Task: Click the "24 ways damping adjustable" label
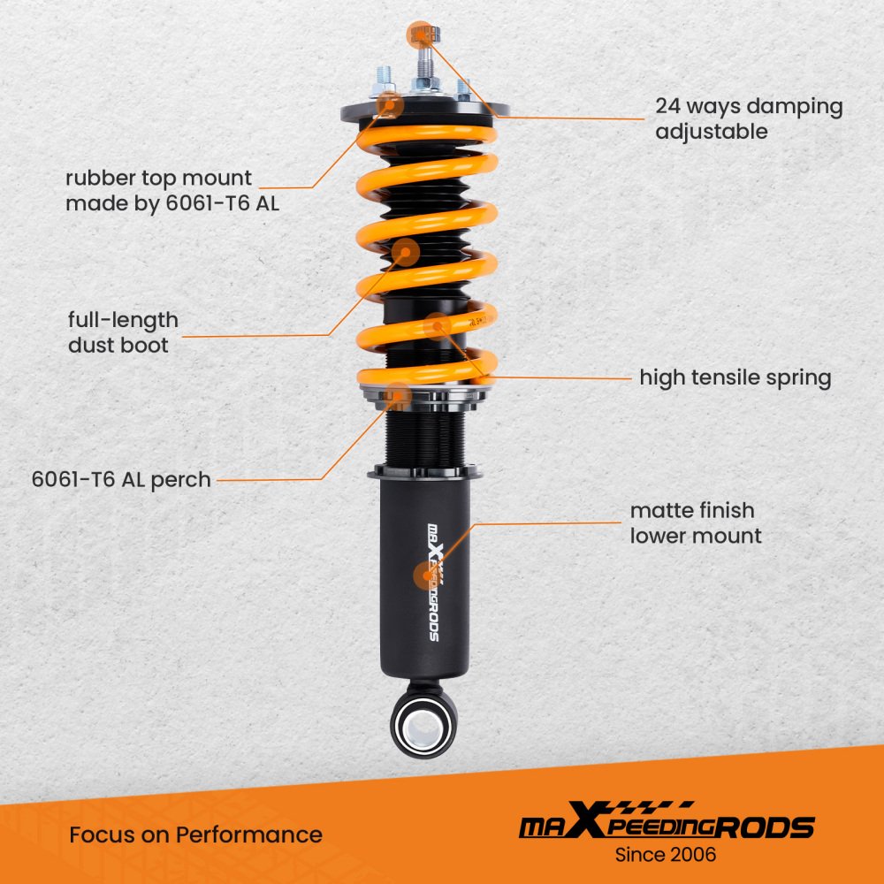[x=749, y=118]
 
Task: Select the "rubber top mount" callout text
[x=158, y=179]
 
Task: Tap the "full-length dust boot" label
[x=123, y=332]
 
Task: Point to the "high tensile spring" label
[x=735, y=377]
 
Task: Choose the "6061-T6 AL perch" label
[x=121, y=480]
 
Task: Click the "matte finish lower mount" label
[x=696, y=522]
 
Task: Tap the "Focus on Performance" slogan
[x=195, y=834]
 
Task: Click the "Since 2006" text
[x=666, y=855]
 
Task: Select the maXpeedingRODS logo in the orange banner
[x=667, y=820]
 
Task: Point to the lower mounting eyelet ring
[x=424, y=725]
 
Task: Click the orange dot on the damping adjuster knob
[x=420, y=35]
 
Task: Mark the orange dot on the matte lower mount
[x=427, y=576]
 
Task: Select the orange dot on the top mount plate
[x=390, y=105]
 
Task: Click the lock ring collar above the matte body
[x=424, y=472]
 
